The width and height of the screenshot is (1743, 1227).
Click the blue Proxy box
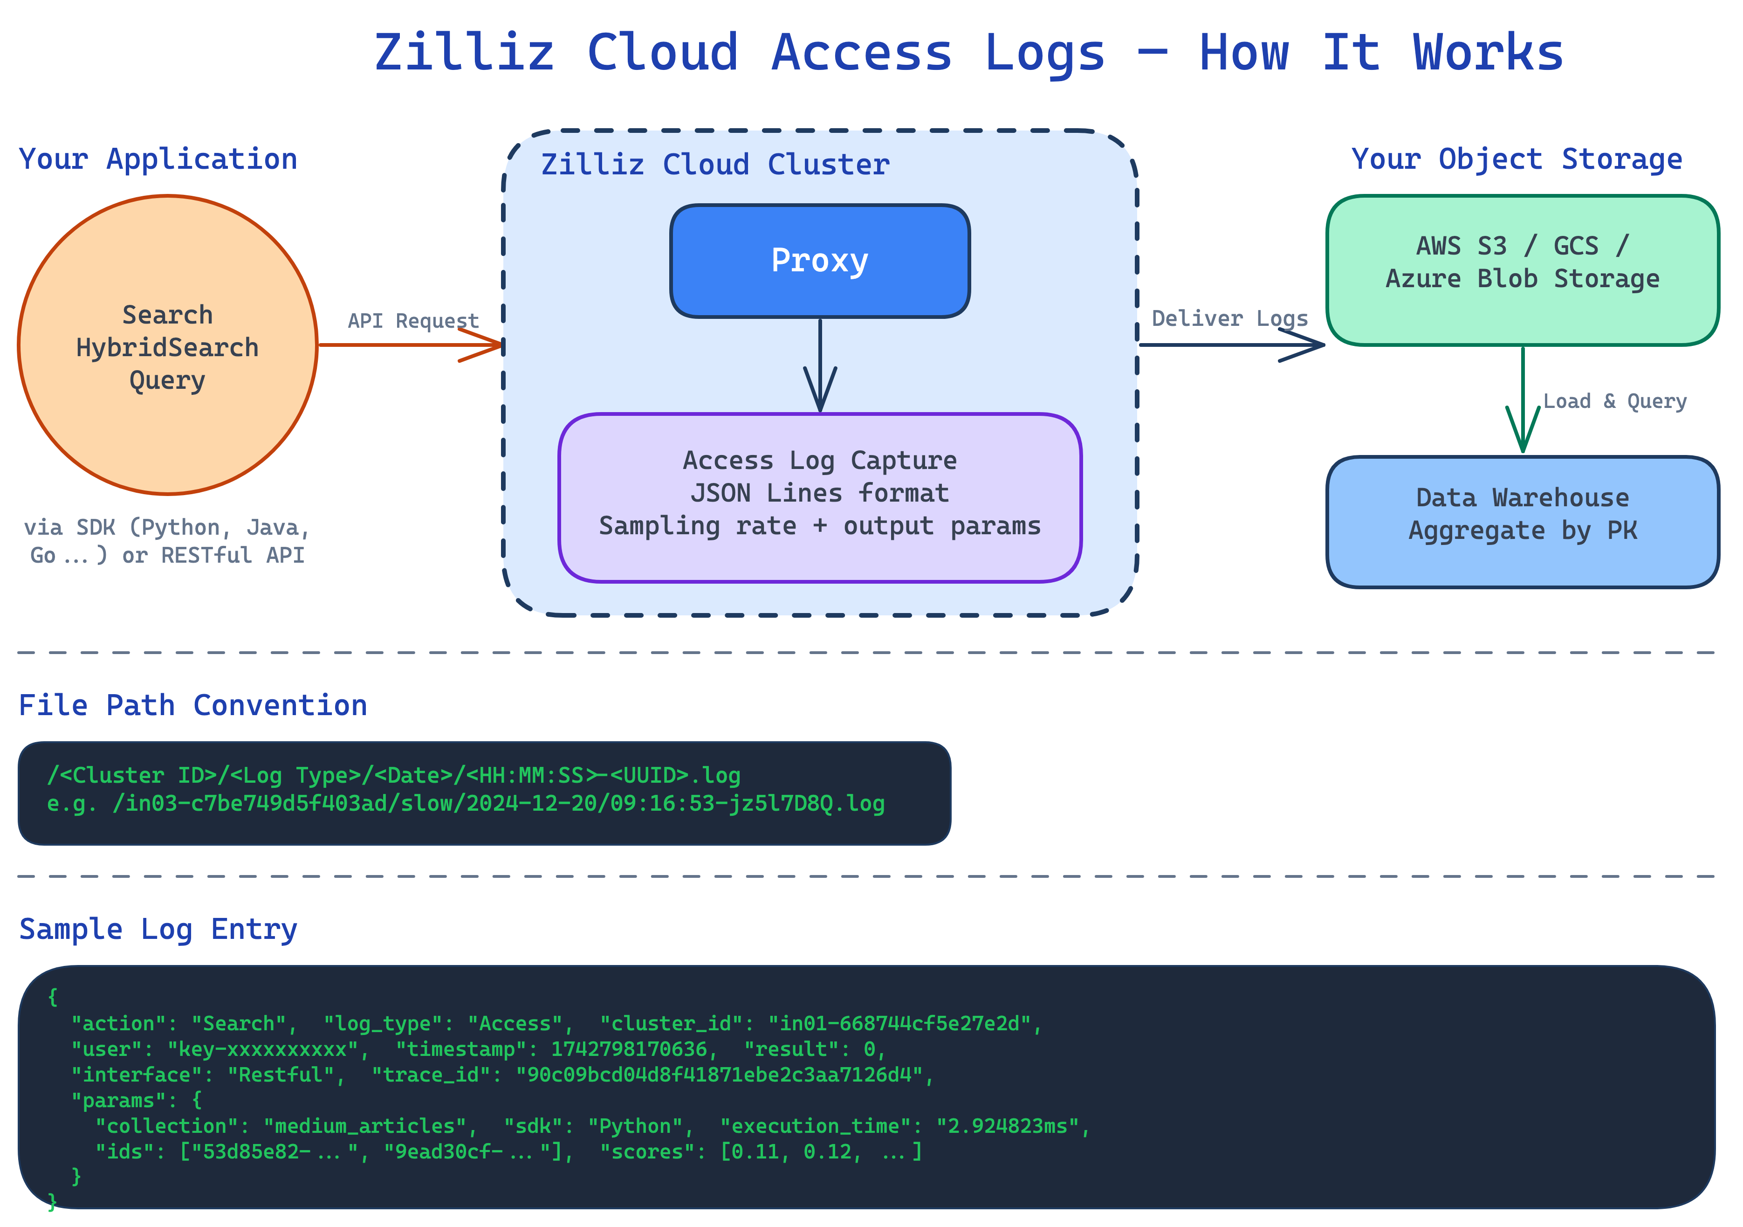coord(819,261)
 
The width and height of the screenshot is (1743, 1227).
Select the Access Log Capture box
coord(819,497)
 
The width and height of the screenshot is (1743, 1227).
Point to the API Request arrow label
coord(413,320)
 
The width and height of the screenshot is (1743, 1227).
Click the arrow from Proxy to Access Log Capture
coord(820,365)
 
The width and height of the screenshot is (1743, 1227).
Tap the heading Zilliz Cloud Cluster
coord(714,165)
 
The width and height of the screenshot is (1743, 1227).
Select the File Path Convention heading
coord(193,705)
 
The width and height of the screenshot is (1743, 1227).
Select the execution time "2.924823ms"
coord(1008,1126)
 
